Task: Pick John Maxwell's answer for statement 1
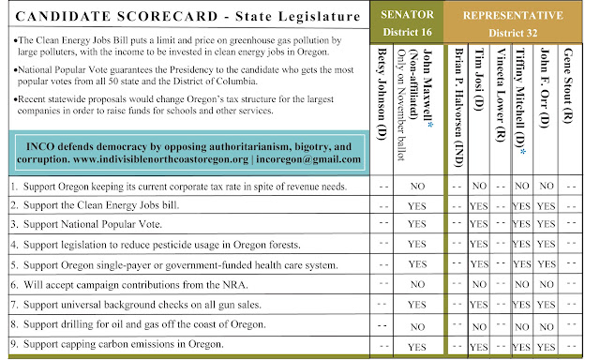click(418, 187)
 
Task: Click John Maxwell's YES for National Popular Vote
click(418, 226)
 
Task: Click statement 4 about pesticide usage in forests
click(174, 246)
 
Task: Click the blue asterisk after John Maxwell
click(429, 44)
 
